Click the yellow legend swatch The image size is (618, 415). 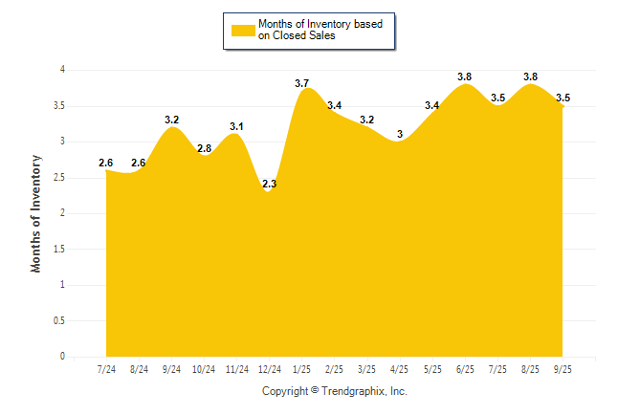click(243, 30)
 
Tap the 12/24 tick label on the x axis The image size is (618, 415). click(270, 369)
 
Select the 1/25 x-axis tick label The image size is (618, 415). click(302, 369)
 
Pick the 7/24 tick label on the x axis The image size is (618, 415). click(107, 369)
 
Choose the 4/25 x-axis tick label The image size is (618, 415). click(399, 369)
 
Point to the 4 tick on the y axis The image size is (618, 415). click(62, 70)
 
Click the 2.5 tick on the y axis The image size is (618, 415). click(58, 177)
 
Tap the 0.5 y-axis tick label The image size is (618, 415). click(58, 320)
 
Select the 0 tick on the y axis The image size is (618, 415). click(62, 357)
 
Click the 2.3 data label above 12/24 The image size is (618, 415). click(269, 184)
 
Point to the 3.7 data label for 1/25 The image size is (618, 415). click(302, 83)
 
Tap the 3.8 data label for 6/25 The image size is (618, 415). click(464, 76)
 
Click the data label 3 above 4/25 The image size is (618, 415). click(400, 134)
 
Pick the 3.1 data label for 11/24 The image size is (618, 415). click(237, 126)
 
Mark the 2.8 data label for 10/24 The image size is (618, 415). click(204, 148)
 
